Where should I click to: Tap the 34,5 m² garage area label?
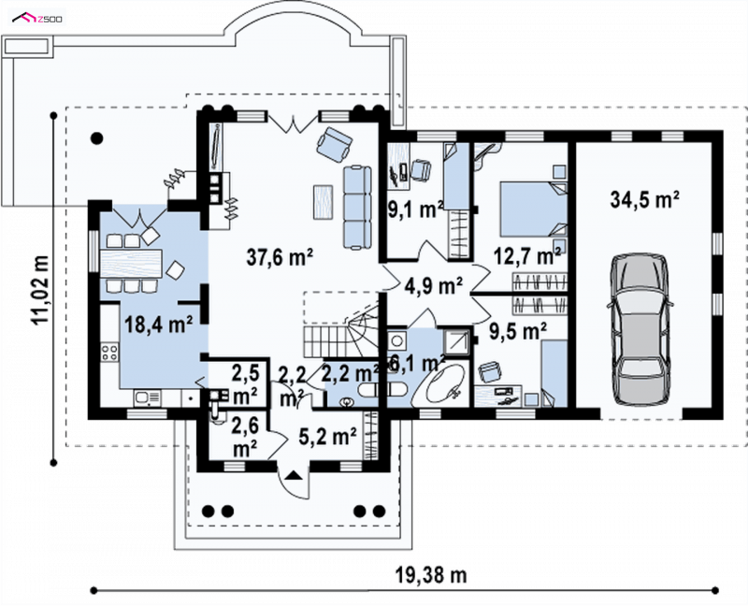click(644, 199)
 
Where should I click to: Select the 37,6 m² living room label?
click(280, 257)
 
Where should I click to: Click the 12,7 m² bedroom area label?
click(527, 256)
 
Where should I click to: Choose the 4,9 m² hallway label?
click(434, 286)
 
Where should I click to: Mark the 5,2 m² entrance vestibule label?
click(328, 436)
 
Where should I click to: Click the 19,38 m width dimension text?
click(431, 575)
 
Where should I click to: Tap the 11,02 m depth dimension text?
click(40, 290)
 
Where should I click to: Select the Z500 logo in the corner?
click(37, 18)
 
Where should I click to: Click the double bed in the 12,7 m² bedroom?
click(533, 209)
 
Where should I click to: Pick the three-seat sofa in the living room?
click(357, 207)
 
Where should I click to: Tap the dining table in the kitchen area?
click(131, 263)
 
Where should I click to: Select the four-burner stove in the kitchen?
click(109, 353)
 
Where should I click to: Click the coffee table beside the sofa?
click(323, 202)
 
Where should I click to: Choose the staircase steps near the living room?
click(339, 336)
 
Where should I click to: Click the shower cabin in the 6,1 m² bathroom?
click(455, 340)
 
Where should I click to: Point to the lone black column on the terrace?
click(97, 138)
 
